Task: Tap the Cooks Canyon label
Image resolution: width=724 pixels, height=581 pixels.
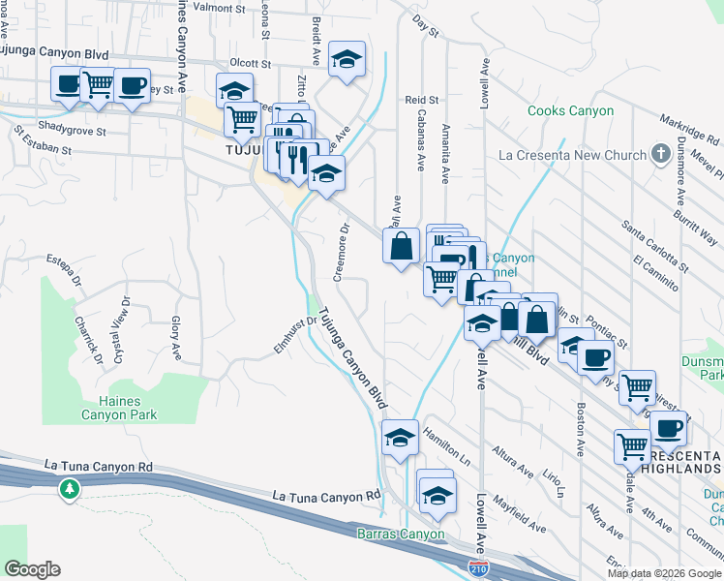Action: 570,111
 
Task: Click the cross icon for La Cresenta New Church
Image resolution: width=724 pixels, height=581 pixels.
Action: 660,154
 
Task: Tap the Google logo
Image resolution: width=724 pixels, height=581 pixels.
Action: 32,568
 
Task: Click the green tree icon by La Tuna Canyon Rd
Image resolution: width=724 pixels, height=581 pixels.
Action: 69,489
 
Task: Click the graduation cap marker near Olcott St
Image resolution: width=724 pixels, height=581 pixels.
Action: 347,58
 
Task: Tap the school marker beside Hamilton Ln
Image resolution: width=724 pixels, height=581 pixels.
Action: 400,437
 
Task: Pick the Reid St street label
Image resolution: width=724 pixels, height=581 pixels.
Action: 422,100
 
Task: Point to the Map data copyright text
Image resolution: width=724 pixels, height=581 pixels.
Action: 664,573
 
